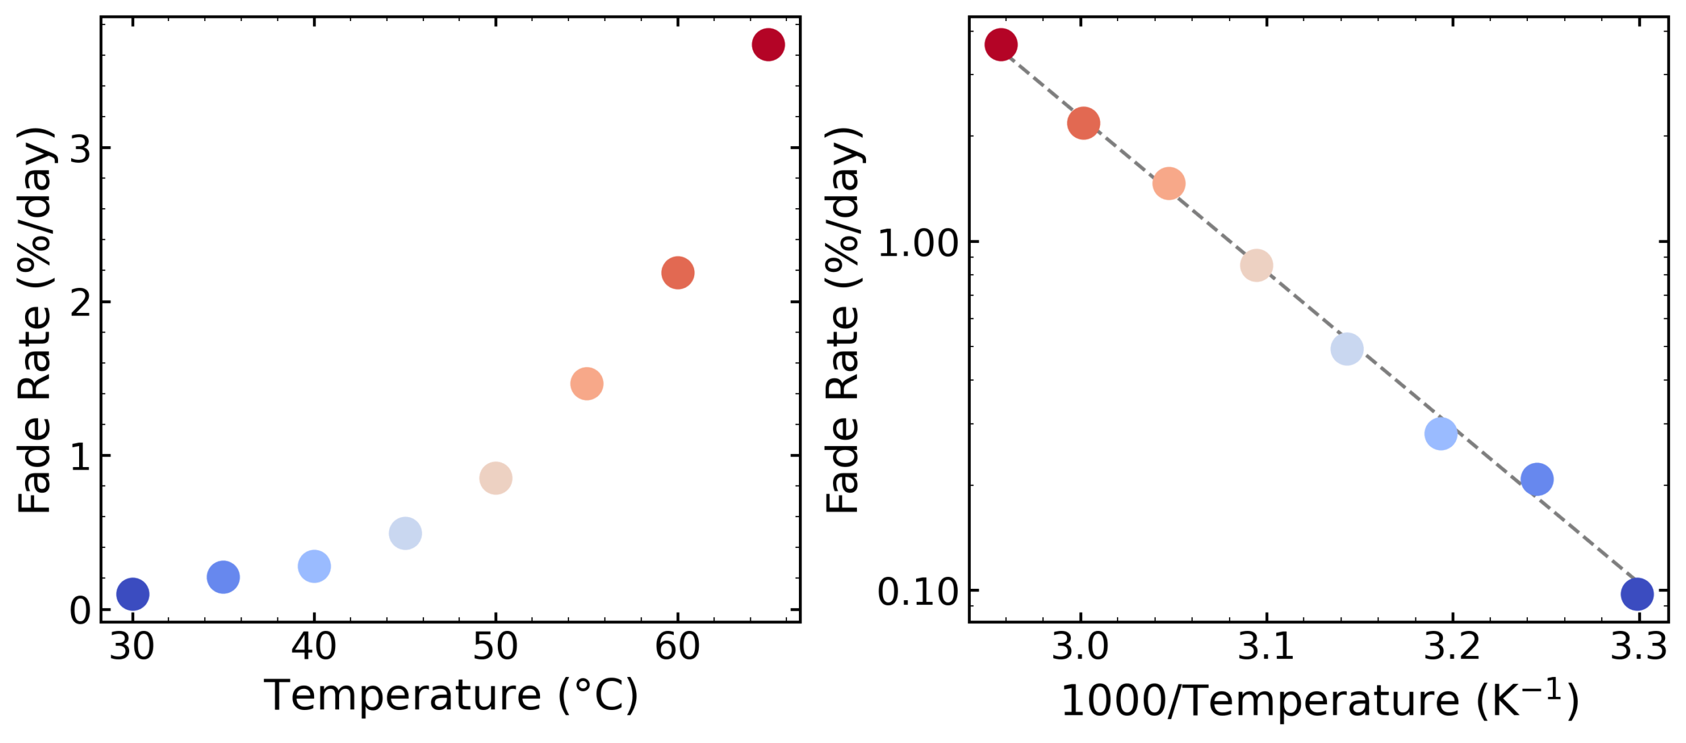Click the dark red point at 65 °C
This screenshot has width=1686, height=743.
tap(768, 45)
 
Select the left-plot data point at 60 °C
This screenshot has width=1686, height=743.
tap(677, 273)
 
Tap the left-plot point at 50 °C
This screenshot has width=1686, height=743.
tap(495, 478)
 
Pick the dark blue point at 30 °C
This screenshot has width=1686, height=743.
tap(132, 594)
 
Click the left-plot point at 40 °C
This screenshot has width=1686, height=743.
tap(314, 566)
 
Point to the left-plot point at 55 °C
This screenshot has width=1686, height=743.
tap(586, 384)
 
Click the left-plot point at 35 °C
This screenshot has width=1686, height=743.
tap(223, 578)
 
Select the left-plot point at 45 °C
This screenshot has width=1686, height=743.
tap(405, 534)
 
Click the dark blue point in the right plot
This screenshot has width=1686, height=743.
tap(1637, 595)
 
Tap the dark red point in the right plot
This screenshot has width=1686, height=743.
tap(1000, 45)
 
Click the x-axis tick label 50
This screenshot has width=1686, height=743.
tap(495, 647)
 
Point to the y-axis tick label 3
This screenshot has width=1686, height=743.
tap(80, 150)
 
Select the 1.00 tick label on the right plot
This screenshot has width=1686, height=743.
tap(918, 244)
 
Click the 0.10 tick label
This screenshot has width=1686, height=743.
tap(918, 592)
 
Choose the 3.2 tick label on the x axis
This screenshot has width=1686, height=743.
tap(1452, 647)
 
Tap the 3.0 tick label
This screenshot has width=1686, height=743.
tap(1080, 647)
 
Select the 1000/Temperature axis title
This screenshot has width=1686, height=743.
tap(1320, 701)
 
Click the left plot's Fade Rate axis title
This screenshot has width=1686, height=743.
tap(34, 320)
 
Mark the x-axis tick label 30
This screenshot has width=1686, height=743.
tap(132, 647)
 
